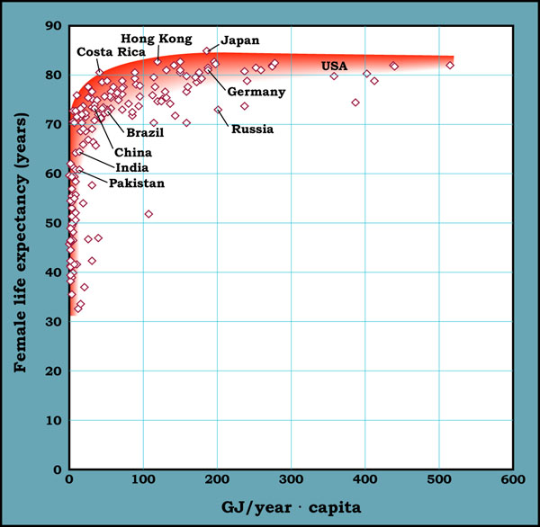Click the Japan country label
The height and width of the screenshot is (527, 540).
tap(240, 40)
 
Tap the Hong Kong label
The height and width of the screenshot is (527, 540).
tap(157, 39)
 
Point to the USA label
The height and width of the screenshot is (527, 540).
tap(335, 66)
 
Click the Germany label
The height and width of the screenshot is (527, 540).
tap(256, 92)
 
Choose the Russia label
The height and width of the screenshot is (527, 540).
tap(253, 130)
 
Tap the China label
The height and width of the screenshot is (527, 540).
tap(133, 152)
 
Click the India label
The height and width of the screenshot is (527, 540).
tap(131, 167)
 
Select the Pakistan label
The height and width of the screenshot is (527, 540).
tap(137, 183)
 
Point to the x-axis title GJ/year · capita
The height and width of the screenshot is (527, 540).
tap(293, 506)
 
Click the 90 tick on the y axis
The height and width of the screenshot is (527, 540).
tap(53, 27)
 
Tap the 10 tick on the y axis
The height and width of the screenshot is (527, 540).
tap(53, 421)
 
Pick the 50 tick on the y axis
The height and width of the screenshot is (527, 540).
tap(53, 224)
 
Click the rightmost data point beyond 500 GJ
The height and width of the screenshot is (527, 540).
tap(450, 65)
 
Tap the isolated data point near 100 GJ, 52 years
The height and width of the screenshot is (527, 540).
tap(148, 214)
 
